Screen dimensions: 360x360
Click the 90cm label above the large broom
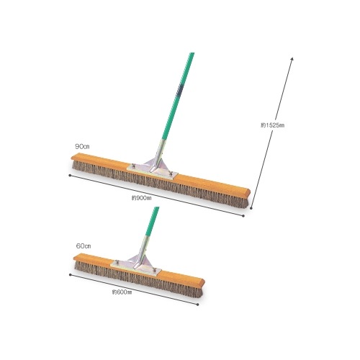point(82,146)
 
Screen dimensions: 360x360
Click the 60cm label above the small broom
point(84,246)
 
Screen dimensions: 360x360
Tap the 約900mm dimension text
point(142,198)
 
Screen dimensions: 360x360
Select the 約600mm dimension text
point(122,292)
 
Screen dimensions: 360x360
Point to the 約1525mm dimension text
point(273,125)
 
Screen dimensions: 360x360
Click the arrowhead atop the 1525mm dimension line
point(292,59)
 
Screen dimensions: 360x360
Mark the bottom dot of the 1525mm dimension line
point(251,208)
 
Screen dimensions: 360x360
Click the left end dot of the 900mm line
point(70,175)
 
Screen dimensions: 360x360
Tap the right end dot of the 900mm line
point(243,216)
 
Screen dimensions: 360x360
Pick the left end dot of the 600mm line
point(70,274)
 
